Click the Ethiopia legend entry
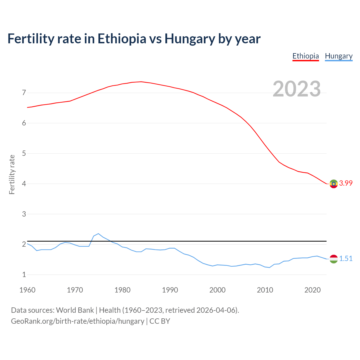coord(305,56)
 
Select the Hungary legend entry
coord(339,56)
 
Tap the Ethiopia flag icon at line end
coord(334,184)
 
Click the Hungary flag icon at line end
coord(334,259)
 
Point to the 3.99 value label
coord(346,183)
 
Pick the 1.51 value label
coord(346,258)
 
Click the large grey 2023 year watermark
coord(296,89)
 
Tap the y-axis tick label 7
coord(24,93)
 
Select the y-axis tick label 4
coord(24,184)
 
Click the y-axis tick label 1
coord(24,274)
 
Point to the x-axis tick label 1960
coord(27,290)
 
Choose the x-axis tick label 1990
coord(170,290)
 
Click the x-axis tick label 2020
coord(312,290)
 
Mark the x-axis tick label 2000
coord(217,290)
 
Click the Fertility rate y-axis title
coord(12,174)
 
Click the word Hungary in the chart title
coord(190,39)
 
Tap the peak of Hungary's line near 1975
coord(98,233)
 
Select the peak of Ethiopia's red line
coord(141,82)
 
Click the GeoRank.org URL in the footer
coord(77,321)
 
